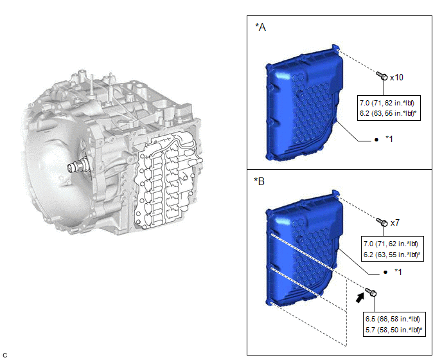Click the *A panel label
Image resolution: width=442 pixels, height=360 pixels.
[x=260, y=27]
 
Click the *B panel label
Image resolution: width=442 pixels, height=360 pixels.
[x=260, y=181]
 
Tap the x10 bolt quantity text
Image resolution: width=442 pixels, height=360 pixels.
[x=396, y=77]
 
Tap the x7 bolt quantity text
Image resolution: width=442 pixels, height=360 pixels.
[x=395, y=223]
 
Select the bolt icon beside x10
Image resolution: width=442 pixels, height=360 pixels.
[x=382, y=76]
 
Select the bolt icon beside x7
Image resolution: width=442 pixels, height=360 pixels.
[x=382, y=222]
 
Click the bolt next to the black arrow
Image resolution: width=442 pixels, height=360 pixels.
[x=371, y=292]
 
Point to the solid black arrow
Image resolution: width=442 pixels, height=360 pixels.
[x=360, y=298]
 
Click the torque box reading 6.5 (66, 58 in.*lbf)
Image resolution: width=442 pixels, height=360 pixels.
[x=394, y=324]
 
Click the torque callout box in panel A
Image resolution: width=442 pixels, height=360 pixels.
[x=389, y=108]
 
